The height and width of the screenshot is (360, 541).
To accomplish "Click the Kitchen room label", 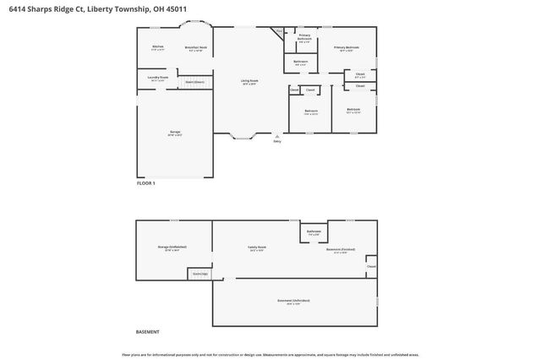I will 157,46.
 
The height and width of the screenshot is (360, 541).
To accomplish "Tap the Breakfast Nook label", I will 196,48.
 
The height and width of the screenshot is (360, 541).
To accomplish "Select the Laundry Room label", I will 158,78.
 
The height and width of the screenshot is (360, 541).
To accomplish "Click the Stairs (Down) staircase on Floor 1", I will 194,82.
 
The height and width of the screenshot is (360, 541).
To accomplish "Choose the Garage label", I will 175,132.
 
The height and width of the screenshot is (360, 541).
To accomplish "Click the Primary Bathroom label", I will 304,36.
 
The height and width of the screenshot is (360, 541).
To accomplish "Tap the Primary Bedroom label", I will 346,48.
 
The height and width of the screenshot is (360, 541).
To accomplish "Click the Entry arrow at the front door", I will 276,136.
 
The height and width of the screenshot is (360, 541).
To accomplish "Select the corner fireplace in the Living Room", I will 278,33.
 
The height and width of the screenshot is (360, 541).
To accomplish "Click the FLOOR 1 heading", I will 146,183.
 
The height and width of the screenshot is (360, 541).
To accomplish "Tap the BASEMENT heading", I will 147,332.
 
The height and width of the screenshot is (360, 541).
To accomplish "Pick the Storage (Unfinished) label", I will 172,247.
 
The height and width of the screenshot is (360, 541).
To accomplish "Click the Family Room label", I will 257,248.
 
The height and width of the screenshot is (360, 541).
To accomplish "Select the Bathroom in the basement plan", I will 314,232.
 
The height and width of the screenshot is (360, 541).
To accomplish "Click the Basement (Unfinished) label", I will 294,301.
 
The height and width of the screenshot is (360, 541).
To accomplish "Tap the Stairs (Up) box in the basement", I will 199,274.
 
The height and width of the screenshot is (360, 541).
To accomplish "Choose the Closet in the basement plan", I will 371,267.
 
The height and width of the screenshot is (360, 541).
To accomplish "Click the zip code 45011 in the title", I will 178,9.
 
